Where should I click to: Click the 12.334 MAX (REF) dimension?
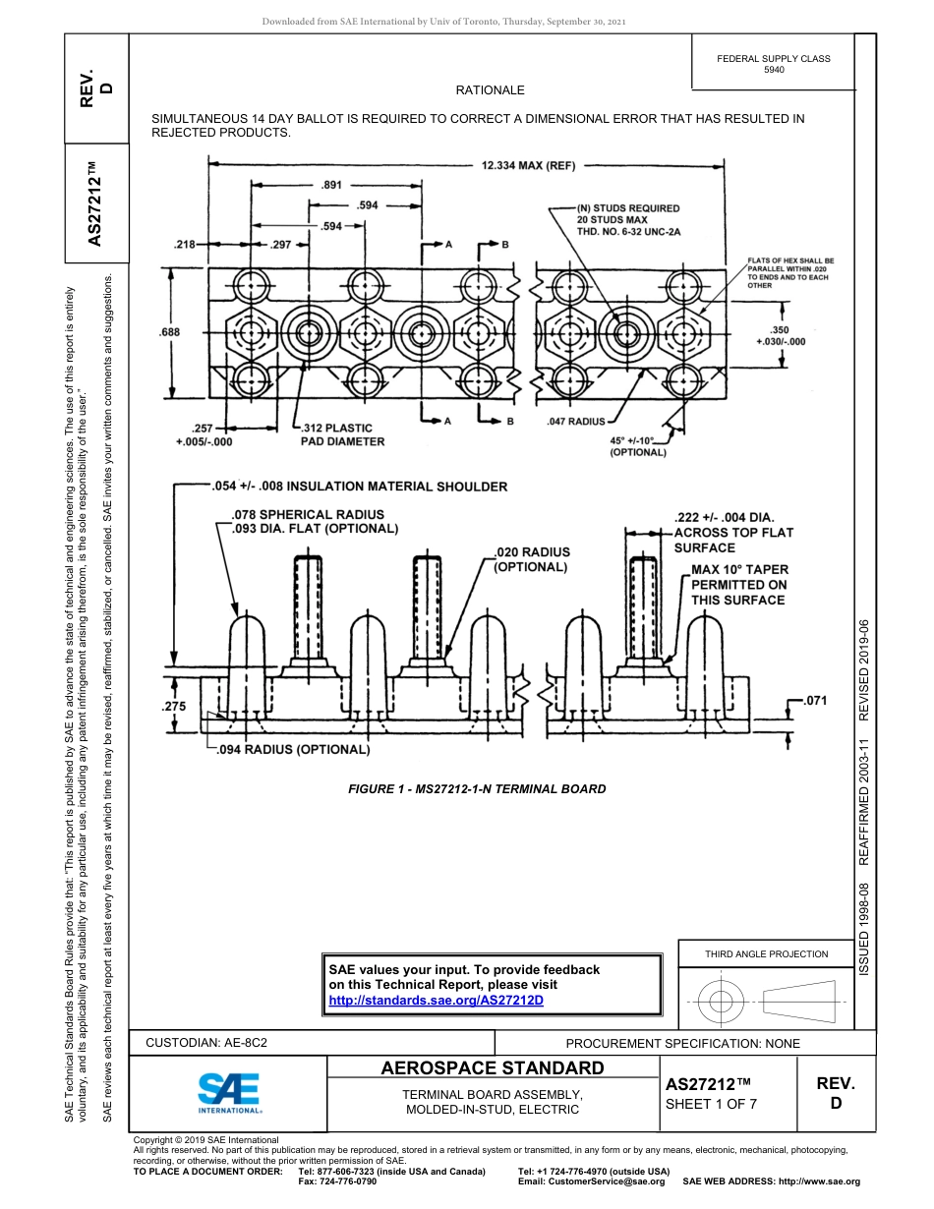click(x=528, y=166)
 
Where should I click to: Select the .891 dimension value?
click(x=332, y=185)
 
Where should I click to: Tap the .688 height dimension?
click(x=169, y=332)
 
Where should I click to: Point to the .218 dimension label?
click(x=184, y=245)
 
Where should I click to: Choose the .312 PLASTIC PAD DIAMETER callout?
click(x=341, y=434)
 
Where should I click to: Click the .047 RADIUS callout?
click(x=575, y=421)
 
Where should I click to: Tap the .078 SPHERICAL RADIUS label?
click(x=307, y=514)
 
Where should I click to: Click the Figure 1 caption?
click(x=477, y=788)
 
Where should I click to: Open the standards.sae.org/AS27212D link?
click(x=436, y=1000)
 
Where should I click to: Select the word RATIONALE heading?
click(x=490, y=90)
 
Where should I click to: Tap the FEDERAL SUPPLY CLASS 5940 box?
click(x=773, y=64)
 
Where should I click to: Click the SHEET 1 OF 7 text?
click(x=711, y=1103)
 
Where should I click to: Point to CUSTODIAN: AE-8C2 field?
click(x=206, y=1043)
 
